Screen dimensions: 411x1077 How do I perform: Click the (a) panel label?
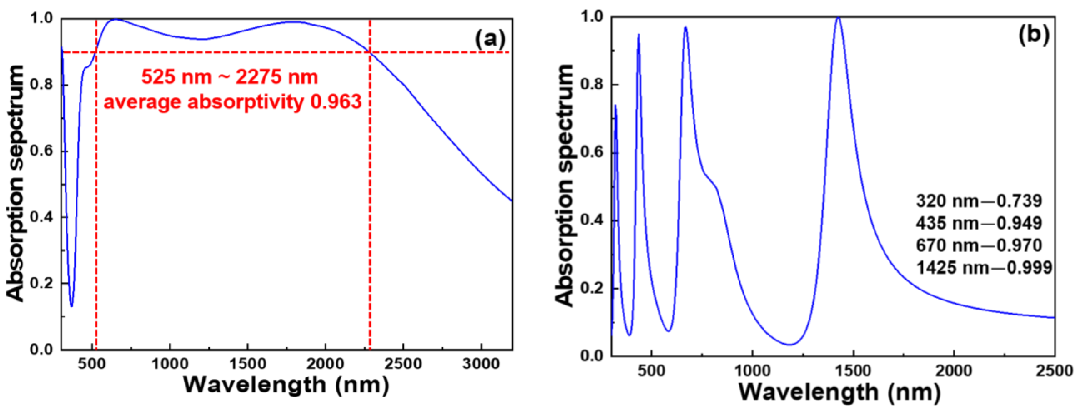click(490, 39)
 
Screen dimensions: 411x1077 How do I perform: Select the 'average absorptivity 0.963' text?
click(232, 102)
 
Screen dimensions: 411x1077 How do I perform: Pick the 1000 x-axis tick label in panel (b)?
click(752, 371)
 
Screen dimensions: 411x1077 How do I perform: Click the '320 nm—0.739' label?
click(979, 202)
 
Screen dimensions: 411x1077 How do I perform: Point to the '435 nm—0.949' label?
click(979, 223)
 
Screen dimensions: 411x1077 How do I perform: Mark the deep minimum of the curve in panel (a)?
click(72, 306)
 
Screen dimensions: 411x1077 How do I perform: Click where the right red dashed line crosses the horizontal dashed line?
click(369, 52)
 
